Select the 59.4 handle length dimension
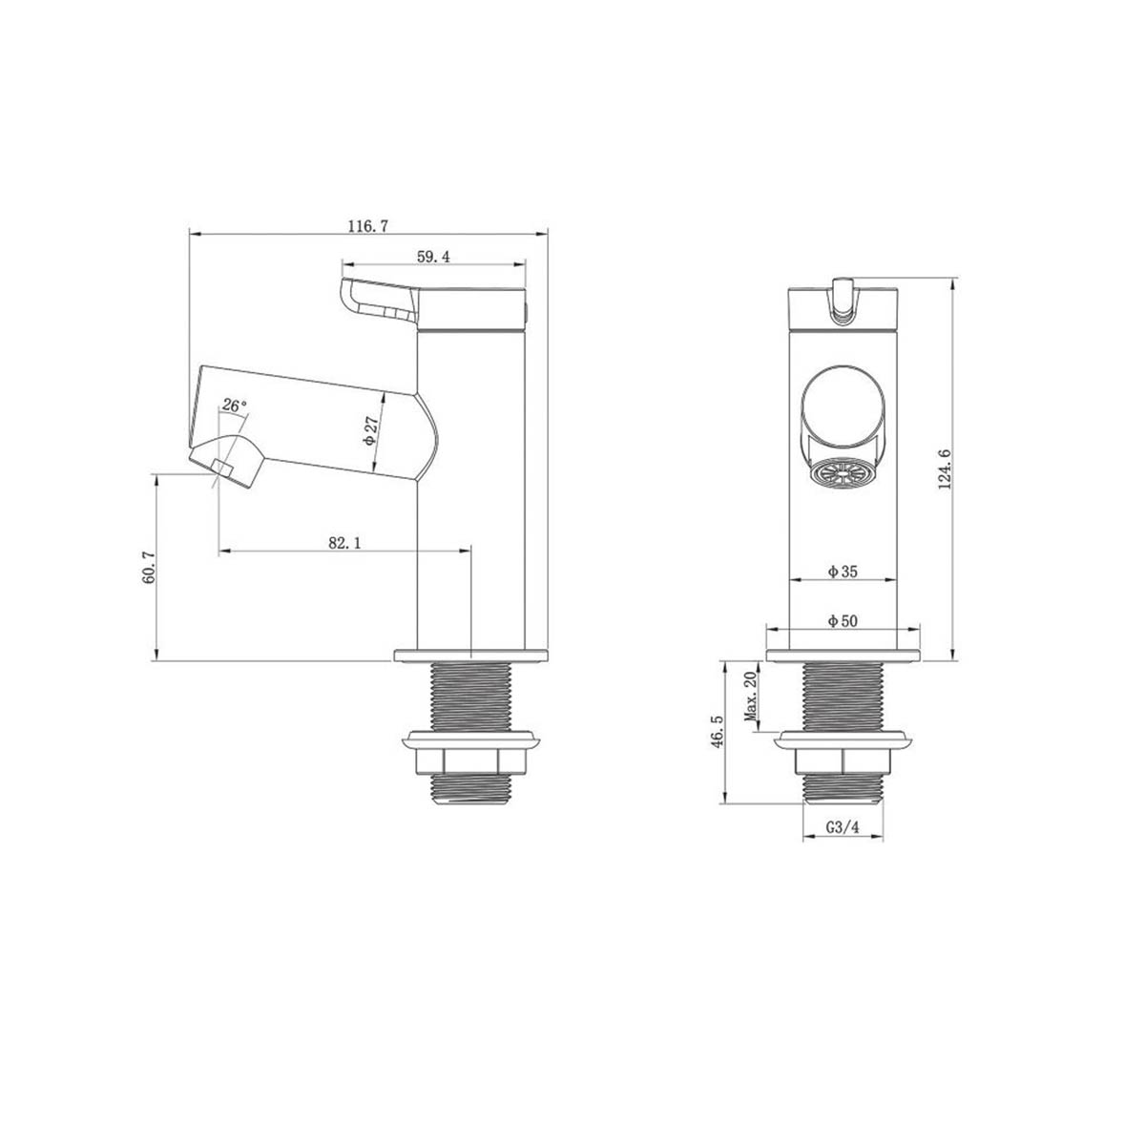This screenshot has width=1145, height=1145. pyautogui.click(x=433, y=256)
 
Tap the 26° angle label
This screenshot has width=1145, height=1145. pyautogui.click(x=234, y=406)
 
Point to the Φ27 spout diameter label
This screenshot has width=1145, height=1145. pyautogui.click(x=372, y=429)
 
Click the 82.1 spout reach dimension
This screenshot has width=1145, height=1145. pyautogui.click(x=344, y=542)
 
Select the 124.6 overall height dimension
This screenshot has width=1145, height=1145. pyautogui.click(x=946, y=468)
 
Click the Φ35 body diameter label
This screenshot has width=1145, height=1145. pyautogui.click(x=843, y=572)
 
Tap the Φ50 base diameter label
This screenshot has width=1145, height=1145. pyautogui.click(x=843, y=621)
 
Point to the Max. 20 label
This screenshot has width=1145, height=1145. pyautogui.click(x=750, y=697)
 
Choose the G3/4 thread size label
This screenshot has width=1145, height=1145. pyautogui.click(x=843, y=828)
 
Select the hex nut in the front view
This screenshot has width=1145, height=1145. pyautogui.click(x=843, y=761)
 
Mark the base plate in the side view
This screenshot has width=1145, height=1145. pyautogui.click(x=472, y=655)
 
